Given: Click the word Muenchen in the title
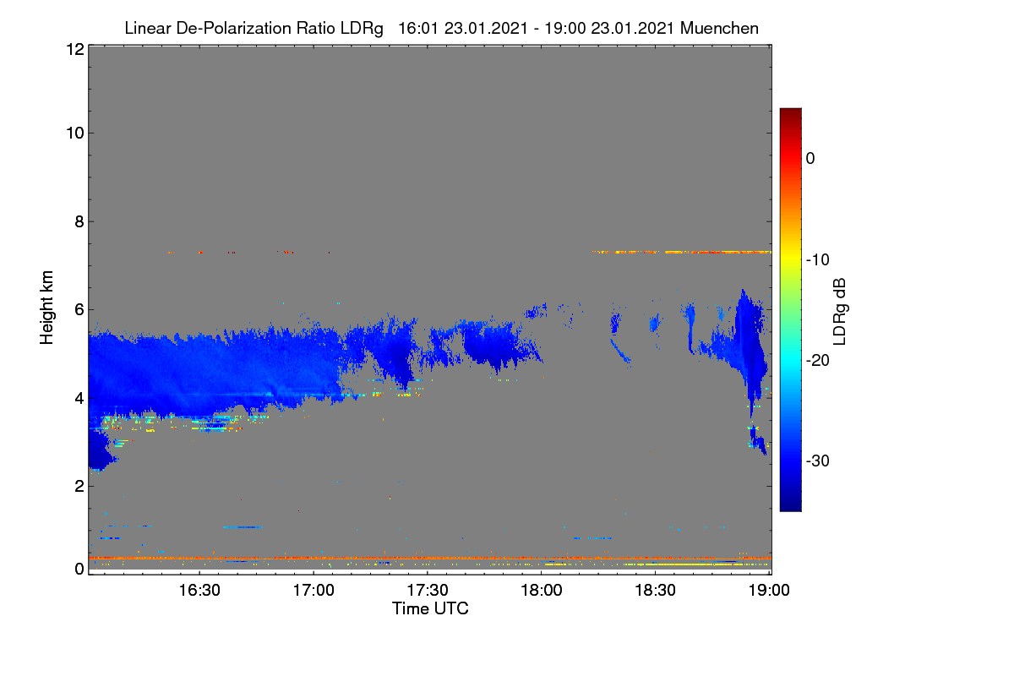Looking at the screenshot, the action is [x=719, y=28].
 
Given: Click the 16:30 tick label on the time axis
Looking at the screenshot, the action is [x=199, y=590].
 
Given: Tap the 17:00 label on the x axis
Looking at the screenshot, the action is [x=313, y=590].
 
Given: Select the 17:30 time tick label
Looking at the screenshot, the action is [x=428, y=590].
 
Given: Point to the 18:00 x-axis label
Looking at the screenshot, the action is [x=542, y=590].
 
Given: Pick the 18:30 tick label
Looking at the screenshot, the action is [x=655, y=590].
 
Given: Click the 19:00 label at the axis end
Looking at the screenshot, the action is [x=769, y=590].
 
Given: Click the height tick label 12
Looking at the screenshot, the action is [x=75, y=49].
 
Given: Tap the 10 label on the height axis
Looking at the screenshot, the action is [x=75, y=134].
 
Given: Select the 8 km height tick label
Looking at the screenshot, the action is [x=79, y=221].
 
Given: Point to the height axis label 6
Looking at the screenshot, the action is [x=79, y=310].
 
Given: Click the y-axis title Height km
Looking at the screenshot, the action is [x=46, y=308].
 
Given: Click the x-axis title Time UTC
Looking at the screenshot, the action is [x=430, y=608].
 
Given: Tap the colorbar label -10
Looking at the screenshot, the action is [x=818, y=260].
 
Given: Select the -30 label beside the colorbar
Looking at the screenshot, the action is [x=818, y=461].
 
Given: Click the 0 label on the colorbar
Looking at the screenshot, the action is [x=810, y=159].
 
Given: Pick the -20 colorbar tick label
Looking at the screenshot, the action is [x=818, y=361].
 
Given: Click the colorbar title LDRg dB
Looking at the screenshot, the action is [x=839, y=312].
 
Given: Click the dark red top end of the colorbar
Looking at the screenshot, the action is [x=790, y=110].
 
